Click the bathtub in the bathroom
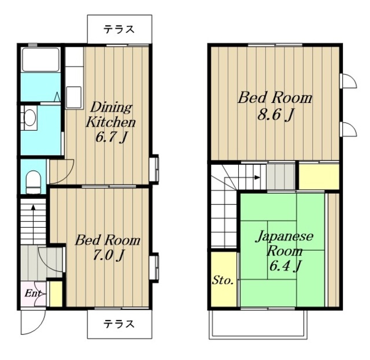[x=40, y=60]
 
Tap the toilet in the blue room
[x=33, y=182]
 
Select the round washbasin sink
[x=30, y=117]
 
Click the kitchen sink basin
[x=74, y=97]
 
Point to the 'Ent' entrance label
[x=33, y=294]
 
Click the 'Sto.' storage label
[x=223, y=280]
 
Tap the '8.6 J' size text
[x=275, y=115]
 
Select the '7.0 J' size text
[x=108, y=255]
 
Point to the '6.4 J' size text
[x=285, y=266]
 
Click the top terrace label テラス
[x=119, y=29]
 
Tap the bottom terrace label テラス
[x=119, y=324]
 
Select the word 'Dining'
[x=112, y=107]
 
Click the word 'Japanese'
[x=285, y=236]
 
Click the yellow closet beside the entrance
[x=56, y=294]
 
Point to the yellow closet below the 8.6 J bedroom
[x=319, y=176]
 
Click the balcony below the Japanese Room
[x=258, y=324]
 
